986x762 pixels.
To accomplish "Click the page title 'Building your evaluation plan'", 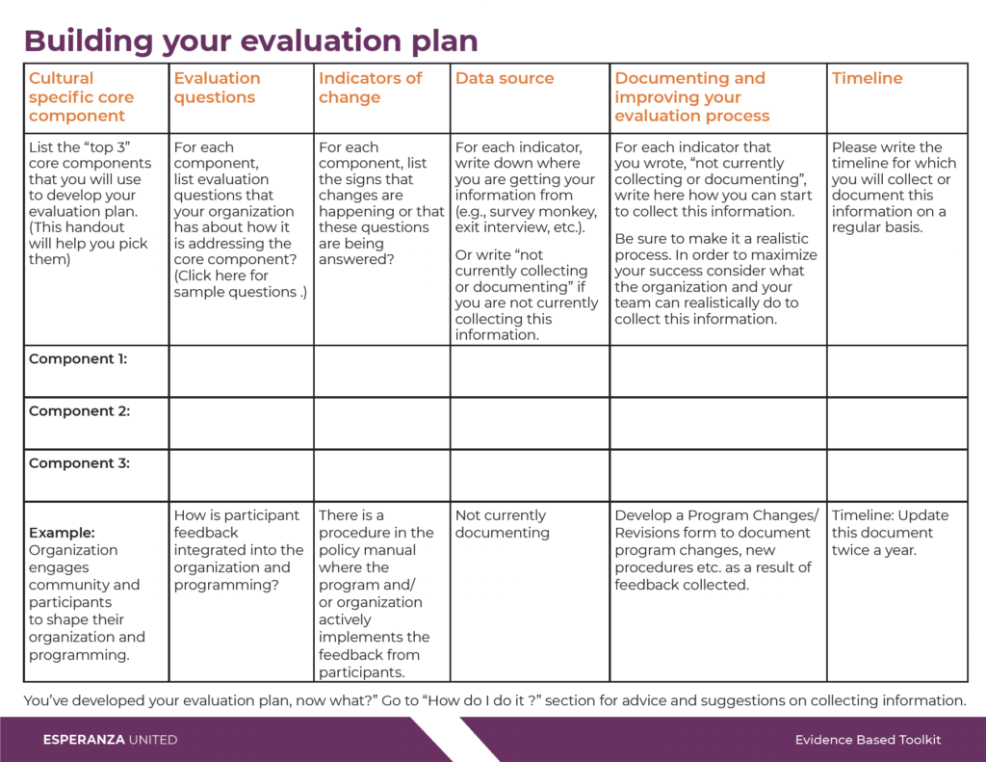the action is (251, 40).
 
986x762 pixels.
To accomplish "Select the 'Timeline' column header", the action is (867, 78).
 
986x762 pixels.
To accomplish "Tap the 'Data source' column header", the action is (505, 78).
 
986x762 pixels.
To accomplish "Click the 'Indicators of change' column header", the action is (370, 88).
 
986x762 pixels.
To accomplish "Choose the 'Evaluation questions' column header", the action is (217, 88).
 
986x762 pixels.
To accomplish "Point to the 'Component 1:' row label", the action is (78, 358).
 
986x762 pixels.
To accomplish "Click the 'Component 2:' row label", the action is (79, 411).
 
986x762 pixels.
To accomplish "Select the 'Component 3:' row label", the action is (79, 463).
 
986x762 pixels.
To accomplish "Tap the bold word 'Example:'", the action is (62, 533).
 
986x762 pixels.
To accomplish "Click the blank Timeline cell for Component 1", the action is (896, 371).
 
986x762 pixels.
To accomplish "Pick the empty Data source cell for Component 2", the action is (530, 423).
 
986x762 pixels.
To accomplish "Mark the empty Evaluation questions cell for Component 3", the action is (241, 475).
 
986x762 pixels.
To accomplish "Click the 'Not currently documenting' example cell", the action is (503, 523).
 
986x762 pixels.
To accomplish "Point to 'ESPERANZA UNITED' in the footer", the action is (110, 740).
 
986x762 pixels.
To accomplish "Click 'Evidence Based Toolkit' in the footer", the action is (868, 740).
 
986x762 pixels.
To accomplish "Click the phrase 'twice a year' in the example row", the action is (873, 550).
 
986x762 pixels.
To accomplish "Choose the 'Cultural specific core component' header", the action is (81, 97).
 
